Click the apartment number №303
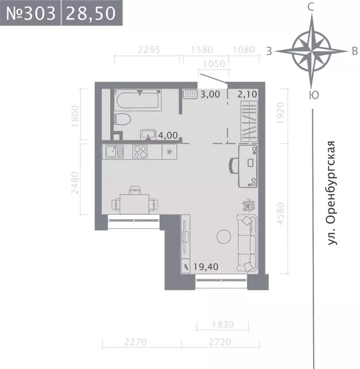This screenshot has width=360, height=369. pos(30,13)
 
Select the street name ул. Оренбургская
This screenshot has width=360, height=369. pos(330,194)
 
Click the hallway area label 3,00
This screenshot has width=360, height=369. pos(210,94)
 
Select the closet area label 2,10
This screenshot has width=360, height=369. pos(248,94)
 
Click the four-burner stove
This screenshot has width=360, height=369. pos(140,152)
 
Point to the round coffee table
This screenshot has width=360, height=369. pos(224,236)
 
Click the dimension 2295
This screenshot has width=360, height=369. pos(148,49)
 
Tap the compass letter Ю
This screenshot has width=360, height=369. pos(312,95)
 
